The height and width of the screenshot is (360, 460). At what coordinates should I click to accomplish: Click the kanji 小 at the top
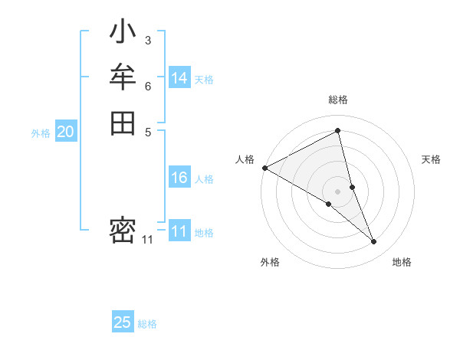point(123,34)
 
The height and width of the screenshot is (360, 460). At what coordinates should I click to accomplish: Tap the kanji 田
point(123,123)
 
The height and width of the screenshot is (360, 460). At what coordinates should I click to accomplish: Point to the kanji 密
point(123,231)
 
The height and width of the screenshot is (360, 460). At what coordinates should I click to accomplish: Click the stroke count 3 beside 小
point(147,40)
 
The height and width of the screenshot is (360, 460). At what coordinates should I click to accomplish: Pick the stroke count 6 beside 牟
point(147,86)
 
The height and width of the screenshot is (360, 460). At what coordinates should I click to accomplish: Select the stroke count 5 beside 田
point(147,131)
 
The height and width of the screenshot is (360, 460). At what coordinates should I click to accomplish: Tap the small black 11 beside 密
point(147,240)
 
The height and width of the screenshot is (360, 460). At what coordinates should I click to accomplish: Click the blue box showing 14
point(179,78)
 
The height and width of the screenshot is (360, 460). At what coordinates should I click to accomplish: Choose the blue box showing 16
point(179,178)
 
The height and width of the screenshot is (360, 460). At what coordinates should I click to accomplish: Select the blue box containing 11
point(179,231)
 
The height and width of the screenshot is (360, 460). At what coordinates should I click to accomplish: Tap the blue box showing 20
point(66,132)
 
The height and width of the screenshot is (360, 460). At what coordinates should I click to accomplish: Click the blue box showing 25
point(123,322)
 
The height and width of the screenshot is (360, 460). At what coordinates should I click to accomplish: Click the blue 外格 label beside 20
point(41,133)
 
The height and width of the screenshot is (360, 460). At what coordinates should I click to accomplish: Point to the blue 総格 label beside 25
point(147,324)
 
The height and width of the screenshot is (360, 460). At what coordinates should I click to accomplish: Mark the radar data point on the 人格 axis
point(264,167)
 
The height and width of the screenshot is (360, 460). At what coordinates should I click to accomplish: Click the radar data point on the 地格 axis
point(374,242)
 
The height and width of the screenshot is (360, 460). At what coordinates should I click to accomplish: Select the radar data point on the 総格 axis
point(338,130)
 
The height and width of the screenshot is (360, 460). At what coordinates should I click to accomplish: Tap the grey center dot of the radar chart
point(338,191)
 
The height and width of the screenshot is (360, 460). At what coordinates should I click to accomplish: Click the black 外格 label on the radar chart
point(270,262)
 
